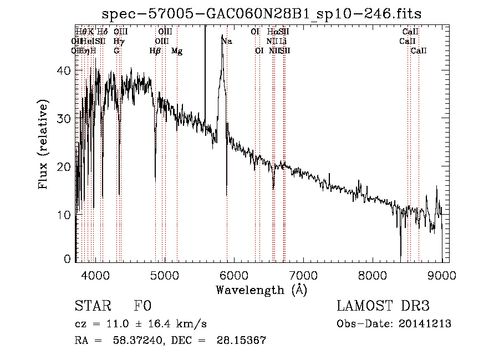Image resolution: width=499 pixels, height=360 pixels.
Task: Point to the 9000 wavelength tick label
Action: click(442, 275)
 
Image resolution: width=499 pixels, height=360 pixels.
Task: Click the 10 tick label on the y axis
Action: click(65, 215)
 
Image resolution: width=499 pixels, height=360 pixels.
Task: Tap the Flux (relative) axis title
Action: click(44, 145)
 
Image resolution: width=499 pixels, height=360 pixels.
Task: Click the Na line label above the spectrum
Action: click(227, 42)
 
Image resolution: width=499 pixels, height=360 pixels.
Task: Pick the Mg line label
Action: click(177, 51)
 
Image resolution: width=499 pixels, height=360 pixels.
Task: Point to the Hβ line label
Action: click(155, 51)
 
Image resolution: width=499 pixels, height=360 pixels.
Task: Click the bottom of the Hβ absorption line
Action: click(155, 180)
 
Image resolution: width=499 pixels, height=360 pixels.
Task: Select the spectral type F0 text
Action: click(142, 306)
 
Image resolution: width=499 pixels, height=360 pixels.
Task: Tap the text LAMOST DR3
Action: click(383, 306)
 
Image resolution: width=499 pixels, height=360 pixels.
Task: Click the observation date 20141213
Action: click(425, 324)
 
